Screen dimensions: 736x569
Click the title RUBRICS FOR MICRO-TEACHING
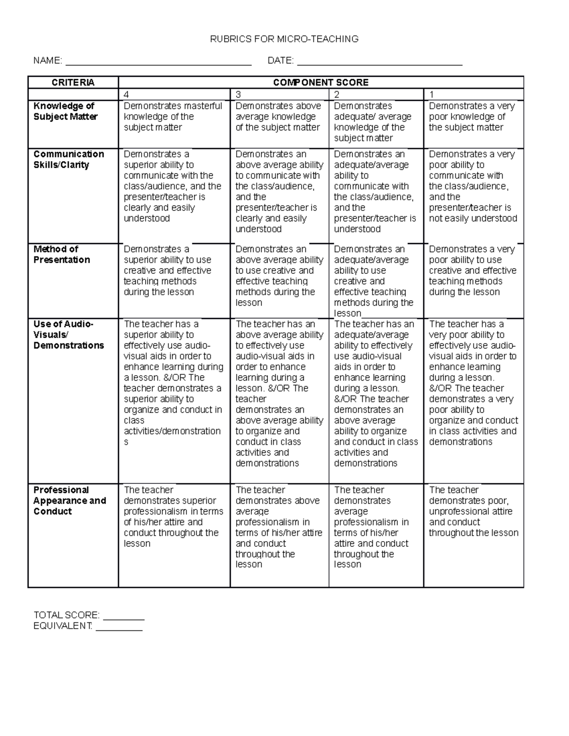(x=284, y=39)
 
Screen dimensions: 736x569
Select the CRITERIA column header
(x=73, y=82)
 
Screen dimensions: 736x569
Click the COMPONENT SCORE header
(x=321, y=82)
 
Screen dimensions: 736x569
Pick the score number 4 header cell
(x=174, y=94)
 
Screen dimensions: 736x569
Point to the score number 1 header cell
(x=473, y=94)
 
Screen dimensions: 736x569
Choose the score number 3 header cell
(x=279, y=94)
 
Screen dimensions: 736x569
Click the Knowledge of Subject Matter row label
(x=65, y=111)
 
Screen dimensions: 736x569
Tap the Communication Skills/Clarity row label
(x=68, y=159)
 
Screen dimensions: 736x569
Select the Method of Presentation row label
(x=61, y=254)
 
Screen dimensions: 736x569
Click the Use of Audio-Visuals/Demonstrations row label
(x=68, y=335)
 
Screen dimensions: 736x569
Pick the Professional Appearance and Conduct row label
(x=69, y=500)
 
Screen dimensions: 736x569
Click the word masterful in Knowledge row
(x=202, y=106)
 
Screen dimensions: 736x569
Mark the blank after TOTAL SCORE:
(x=123, y=616)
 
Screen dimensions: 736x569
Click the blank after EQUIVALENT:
(x=119, y=627)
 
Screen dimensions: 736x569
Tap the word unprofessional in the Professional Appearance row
(x=465, y=511)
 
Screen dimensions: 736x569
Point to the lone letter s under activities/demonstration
(x=126, y=442)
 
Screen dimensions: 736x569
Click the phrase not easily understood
(x=473, y=218)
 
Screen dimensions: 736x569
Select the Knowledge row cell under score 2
(x=376, y=122)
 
